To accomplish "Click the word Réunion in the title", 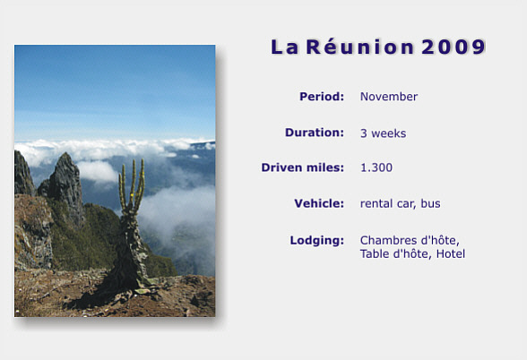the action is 360,47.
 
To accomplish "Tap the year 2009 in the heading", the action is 454,47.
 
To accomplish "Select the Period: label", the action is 322,97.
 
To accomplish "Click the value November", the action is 389,97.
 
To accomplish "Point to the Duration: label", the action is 315,133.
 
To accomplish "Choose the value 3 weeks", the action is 384,133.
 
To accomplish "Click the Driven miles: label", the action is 303,167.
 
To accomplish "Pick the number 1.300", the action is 376,167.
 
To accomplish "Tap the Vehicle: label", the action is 319,203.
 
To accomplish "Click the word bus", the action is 430,203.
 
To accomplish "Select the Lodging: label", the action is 317,241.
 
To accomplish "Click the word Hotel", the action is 451,254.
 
